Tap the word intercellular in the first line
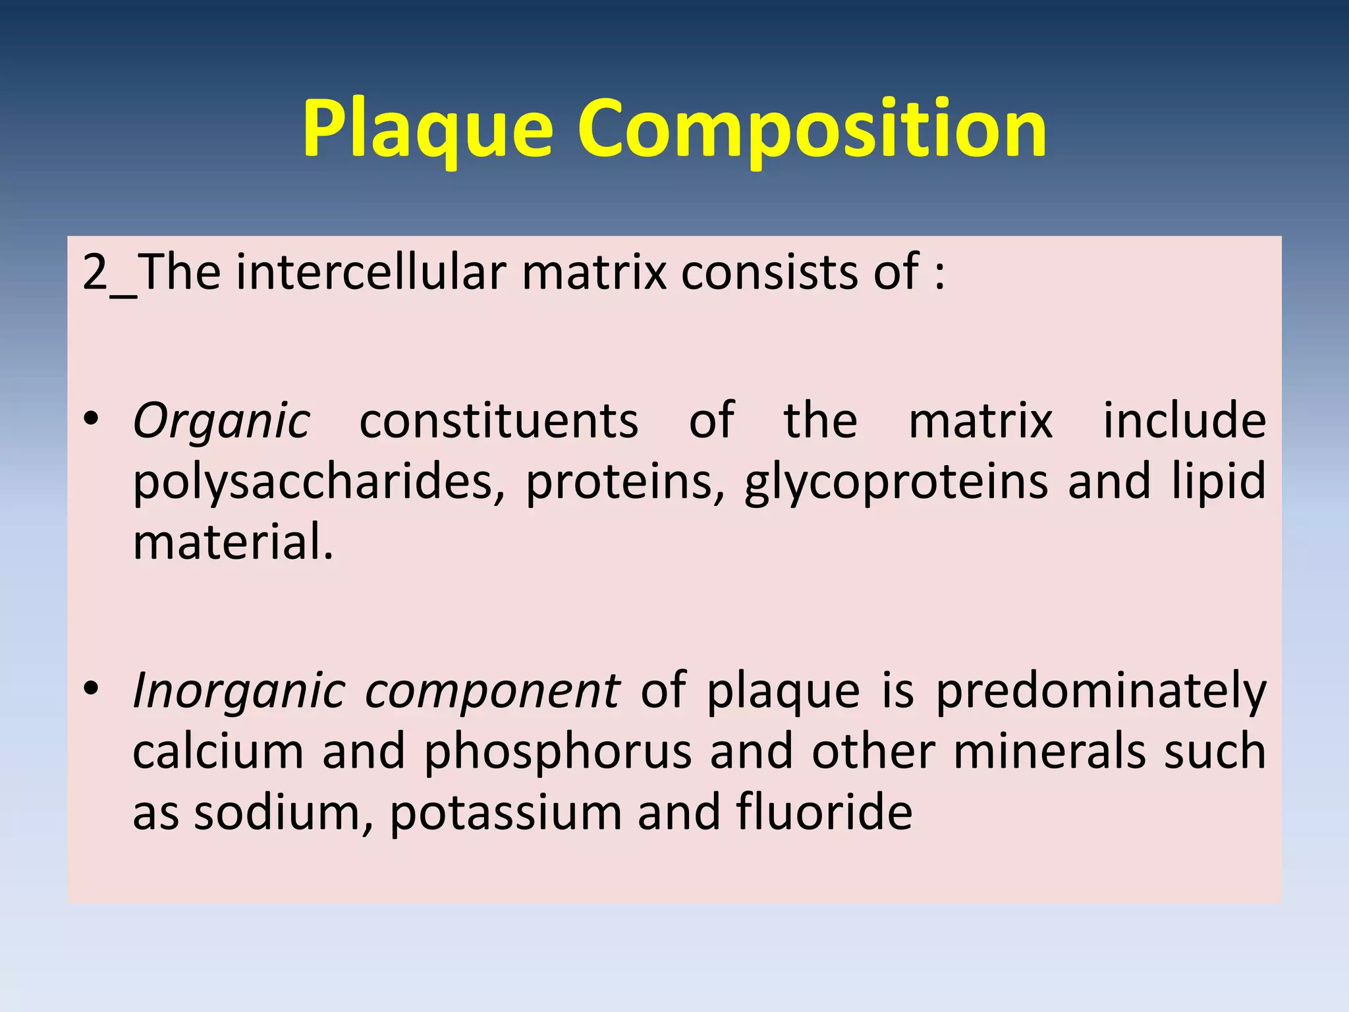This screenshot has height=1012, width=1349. [372, 272]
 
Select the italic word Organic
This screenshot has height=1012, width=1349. [221, 421]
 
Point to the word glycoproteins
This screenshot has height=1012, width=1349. [896, 482]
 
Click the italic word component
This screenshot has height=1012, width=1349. [492, 691]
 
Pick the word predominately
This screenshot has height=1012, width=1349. [1101, 691]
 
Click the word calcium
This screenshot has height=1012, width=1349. [218, 751]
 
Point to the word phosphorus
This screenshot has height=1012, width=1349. [557, 752]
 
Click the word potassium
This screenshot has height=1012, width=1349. [506, 813]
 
